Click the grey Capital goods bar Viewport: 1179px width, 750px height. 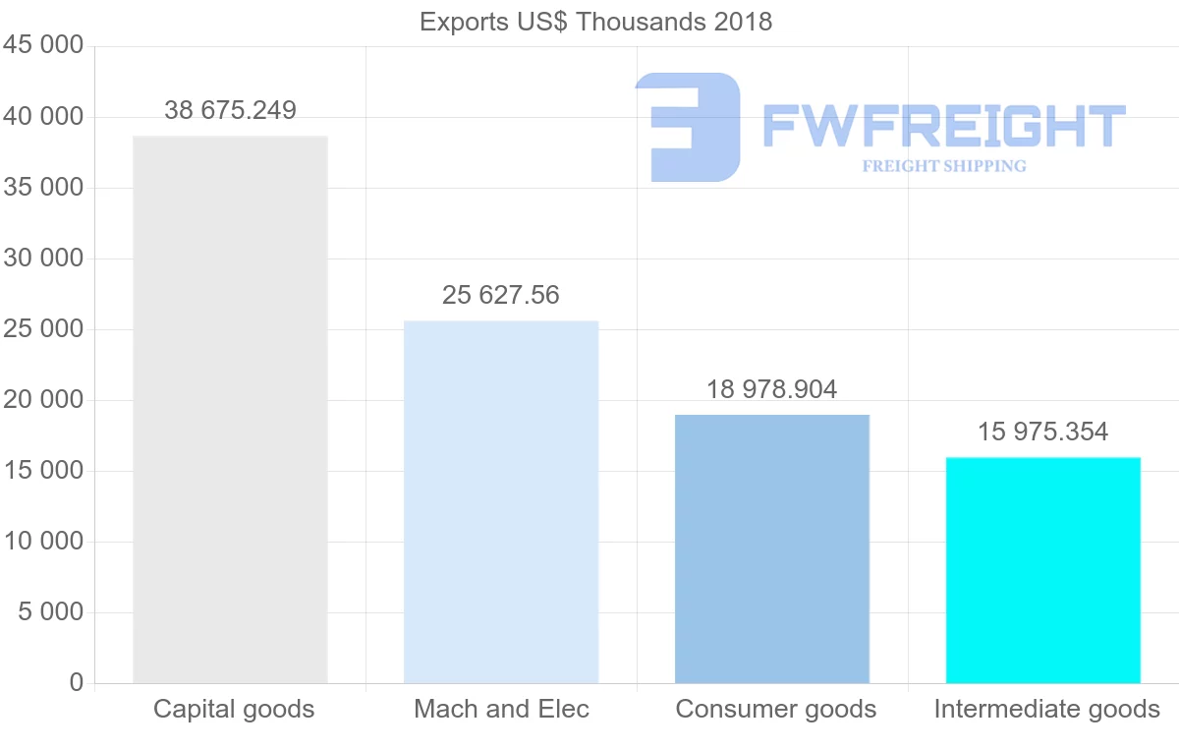230,409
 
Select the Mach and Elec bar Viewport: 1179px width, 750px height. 501,501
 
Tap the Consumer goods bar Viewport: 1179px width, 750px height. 772,548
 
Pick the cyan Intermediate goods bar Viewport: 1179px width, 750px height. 1043,570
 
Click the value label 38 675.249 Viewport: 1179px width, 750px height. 230,110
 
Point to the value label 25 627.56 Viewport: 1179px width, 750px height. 501,295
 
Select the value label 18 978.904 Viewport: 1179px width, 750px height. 772,389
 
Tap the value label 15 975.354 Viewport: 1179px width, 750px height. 1043,432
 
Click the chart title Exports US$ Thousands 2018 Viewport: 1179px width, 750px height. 595,22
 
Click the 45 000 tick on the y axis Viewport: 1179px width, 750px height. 43,46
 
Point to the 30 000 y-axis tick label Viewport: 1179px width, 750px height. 43,259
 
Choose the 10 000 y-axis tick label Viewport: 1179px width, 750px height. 43,542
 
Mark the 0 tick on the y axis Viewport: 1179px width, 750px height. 77,683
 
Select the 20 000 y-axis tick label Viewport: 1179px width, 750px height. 43,400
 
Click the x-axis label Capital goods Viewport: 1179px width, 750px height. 234,709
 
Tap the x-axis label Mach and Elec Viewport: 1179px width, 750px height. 502,709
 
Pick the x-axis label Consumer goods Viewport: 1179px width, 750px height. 776,709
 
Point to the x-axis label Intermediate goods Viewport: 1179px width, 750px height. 1047,709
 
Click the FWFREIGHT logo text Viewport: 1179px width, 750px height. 943,126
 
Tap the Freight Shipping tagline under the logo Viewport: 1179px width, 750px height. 944,166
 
